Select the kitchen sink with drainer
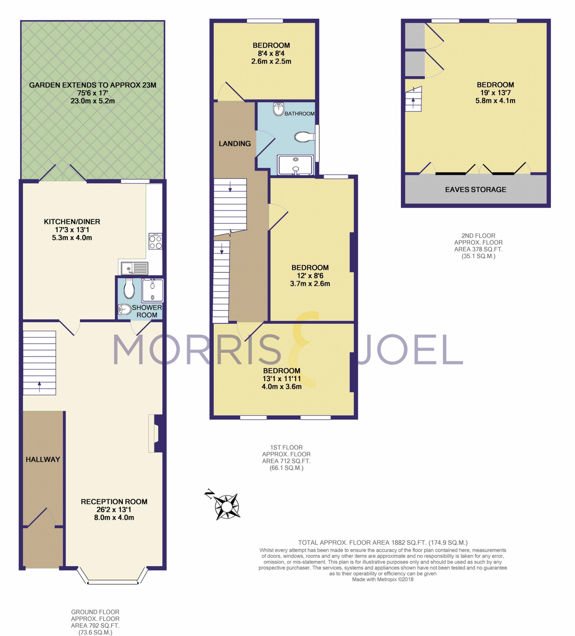[x=134, y=268]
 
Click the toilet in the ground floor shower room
[x=129, y=288]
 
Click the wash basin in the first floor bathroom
[x=279, y=109]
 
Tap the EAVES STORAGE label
[x=476, y=189]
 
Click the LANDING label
[x=235, y=144]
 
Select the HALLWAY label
[x=43, y=459]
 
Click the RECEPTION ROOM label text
[x=114, y=502]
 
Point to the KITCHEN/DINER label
[x=72, y=221]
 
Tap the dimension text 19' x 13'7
[x=495, y=93]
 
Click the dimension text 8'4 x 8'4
[x=271, y=53]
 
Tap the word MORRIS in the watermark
[x=197, y=349]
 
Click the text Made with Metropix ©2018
[x=382, y=579]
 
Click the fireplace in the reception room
[x=156, y=433]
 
